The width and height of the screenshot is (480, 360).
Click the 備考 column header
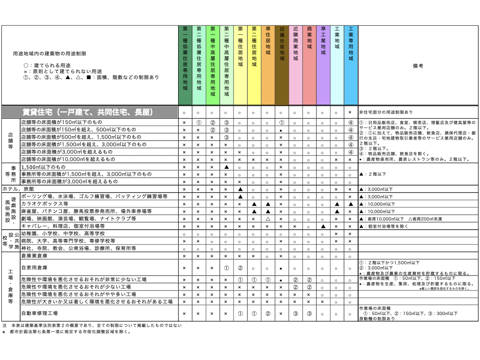pyautogui.click(x=418, y=66)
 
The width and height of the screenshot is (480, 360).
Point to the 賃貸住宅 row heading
pyautogui.click(x=89, y=112)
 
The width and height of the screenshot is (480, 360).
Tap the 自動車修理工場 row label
pyautogui.click(x=39, y=313)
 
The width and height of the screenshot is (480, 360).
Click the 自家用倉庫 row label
pyautogui.click(x=35, y=268)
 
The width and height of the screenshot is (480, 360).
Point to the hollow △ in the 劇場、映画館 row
pyautogui.click(x=267, y=219)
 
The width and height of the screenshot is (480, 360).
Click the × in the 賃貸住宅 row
pyautogui.click(x=350, y=113)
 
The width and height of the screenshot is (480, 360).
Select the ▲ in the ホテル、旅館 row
pyautogui.click(x=240, y=189)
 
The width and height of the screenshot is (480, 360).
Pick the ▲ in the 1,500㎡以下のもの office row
pyautogui.click(x=226, y=167)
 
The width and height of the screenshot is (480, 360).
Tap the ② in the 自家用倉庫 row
pyautogui.click(x=240, y=268)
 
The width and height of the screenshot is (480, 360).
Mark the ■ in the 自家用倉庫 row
pyautogui.click(x=280, y=268)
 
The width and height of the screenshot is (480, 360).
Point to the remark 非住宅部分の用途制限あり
pyautogui.click(x=386, y=113)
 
